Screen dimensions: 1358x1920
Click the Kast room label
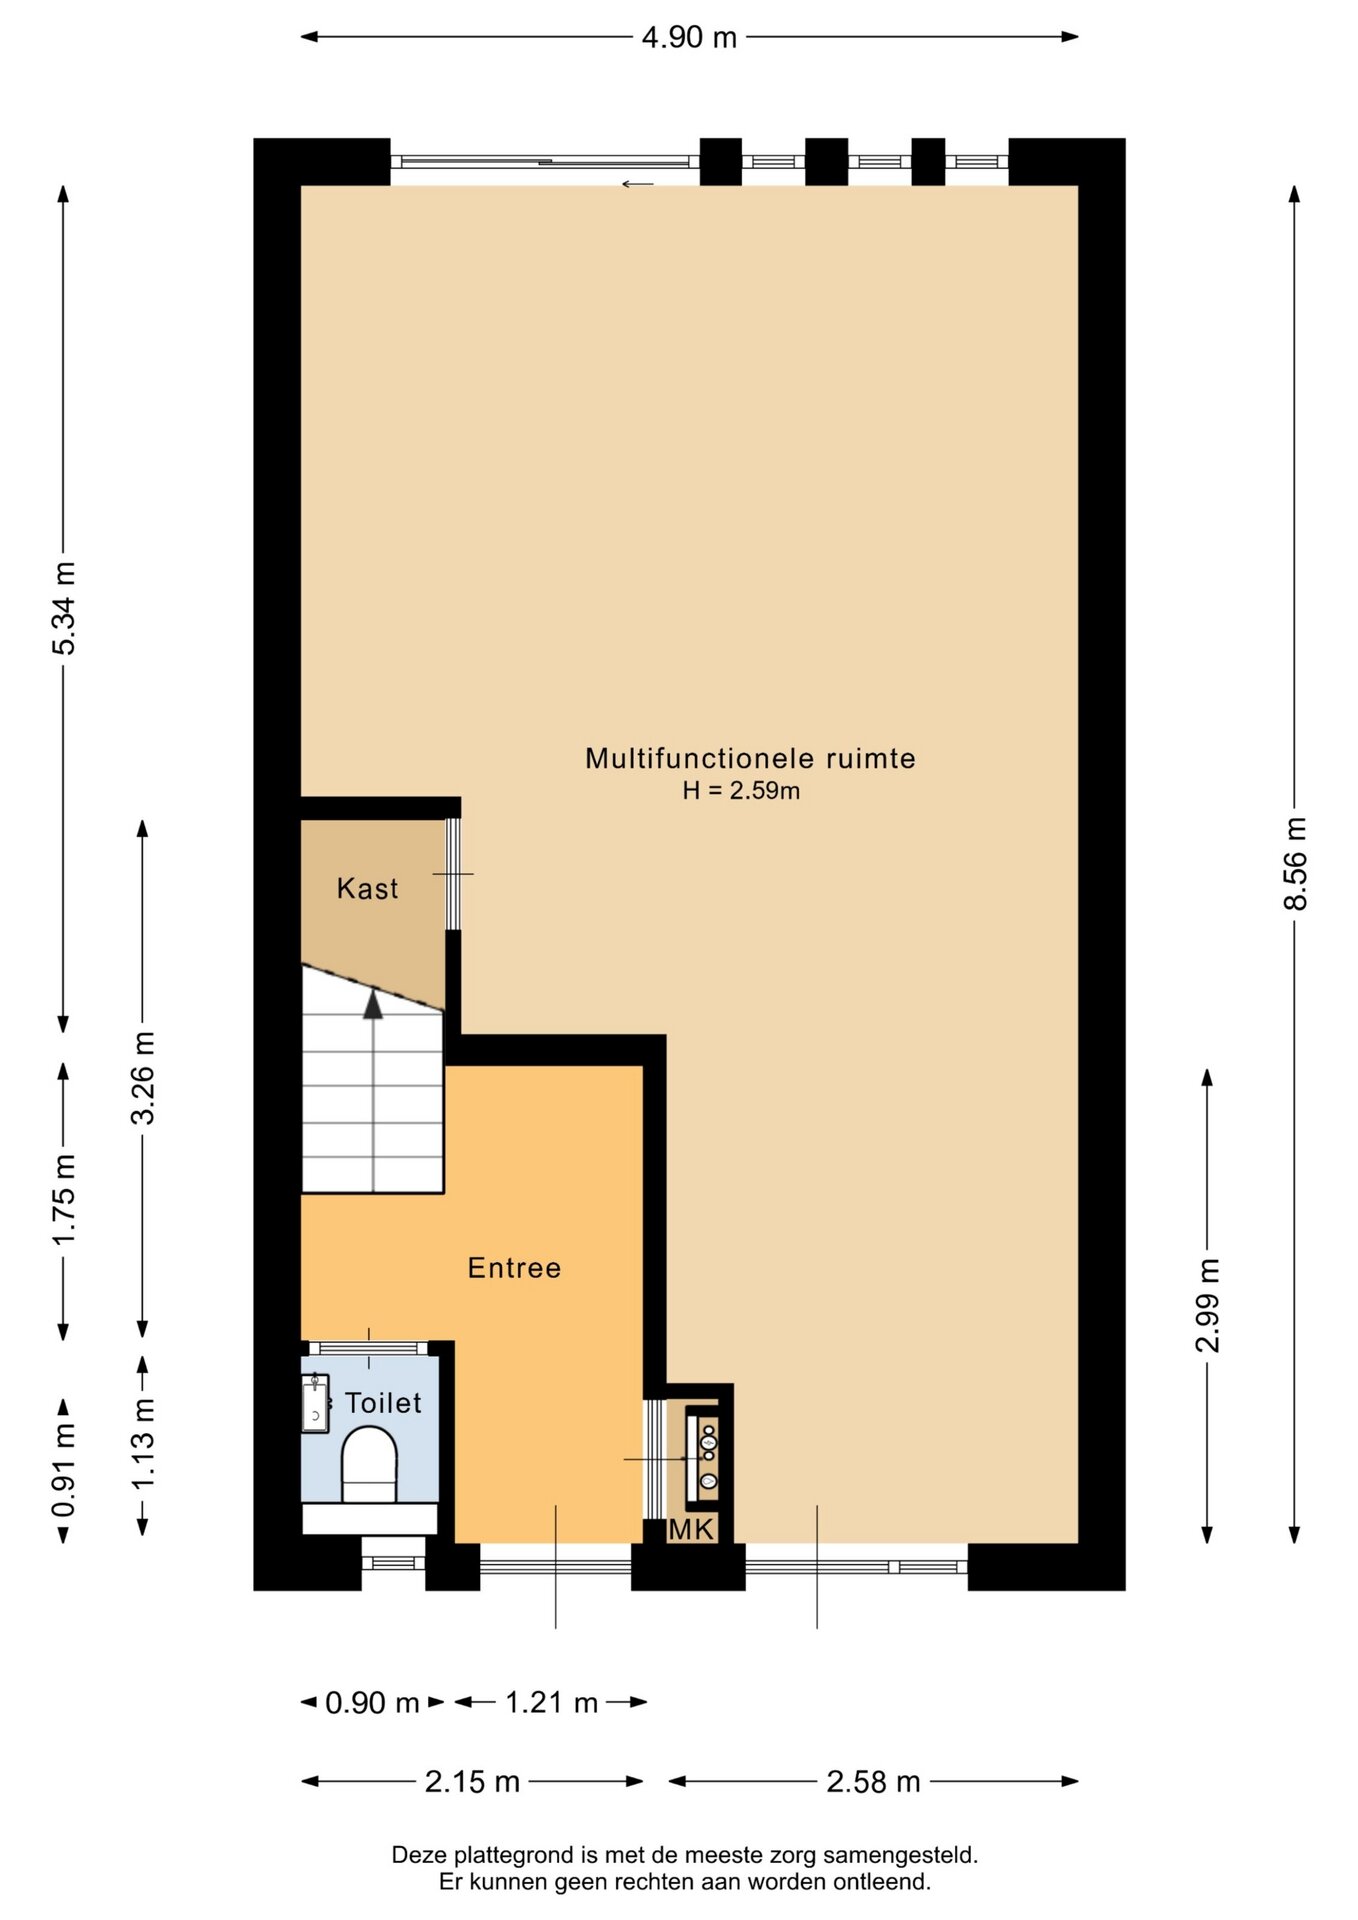(367, 888)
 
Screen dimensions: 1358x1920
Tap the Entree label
(514, 1268)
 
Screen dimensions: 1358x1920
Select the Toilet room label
(383, 1403)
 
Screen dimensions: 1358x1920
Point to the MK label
(692, 1528)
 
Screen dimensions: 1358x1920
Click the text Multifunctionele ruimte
(750, 758)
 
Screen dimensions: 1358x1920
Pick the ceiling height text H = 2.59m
(741, 790)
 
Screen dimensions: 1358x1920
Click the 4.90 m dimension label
(689, 37)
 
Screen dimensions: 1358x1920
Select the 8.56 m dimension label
(1295, 863)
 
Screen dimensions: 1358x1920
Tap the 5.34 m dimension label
(64, 608)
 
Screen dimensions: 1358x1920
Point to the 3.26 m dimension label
(143, 1078)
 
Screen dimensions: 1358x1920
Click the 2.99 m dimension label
(1208, 1306)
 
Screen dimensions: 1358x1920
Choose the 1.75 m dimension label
(64, 1200)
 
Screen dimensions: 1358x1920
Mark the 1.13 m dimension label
(143, 1443)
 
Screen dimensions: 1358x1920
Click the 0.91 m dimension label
(64, 1471)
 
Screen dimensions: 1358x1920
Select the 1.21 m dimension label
(551, 1702)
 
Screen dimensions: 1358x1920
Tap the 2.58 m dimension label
(873, 1781)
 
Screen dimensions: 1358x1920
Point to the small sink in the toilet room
(315, 1403)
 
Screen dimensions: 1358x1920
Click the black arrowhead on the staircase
(373, 1004)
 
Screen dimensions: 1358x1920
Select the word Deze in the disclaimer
(420, 1855)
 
